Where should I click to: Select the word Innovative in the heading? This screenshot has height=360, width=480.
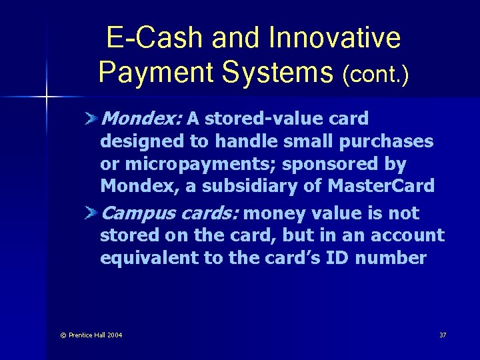coord(335,38)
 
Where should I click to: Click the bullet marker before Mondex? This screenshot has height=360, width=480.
coord(92,119)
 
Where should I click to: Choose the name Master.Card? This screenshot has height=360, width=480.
coord(381,186)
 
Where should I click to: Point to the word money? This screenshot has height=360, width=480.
coord(275,213)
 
